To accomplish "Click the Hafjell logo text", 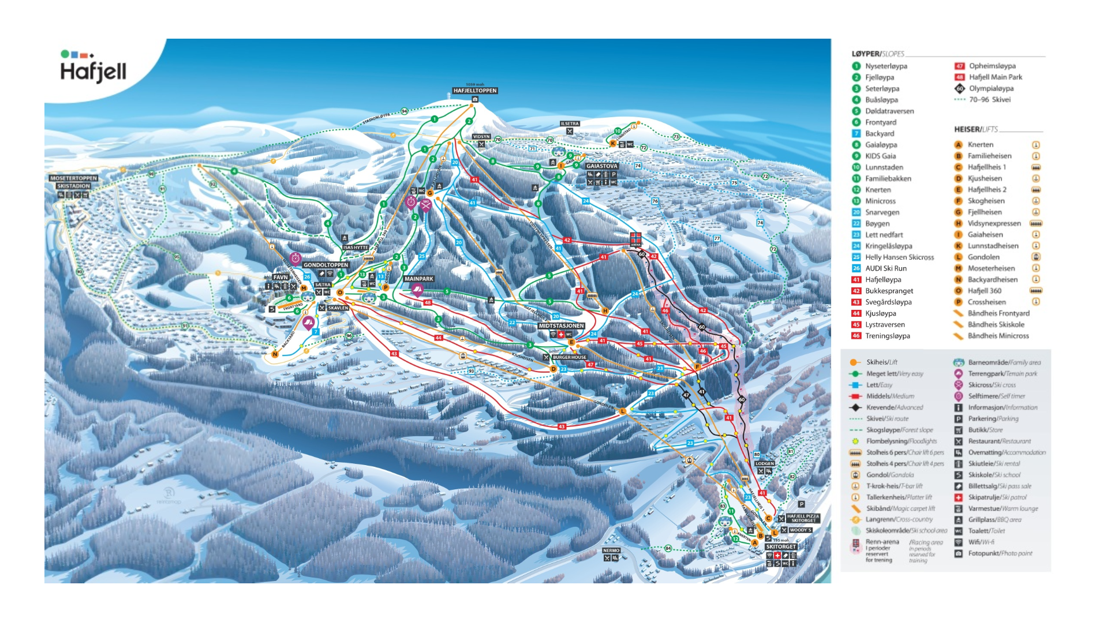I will click(93, 72).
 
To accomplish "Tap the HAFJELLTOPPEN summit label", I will click(474, 91).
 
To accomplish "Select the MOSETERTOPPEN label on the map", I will click(73, 178).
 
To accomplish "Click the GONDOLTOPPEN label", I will click(326, 265).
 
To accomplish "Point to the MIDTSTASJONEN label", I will click(561, 326).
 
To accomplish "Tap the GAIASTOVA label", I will click(601, 166).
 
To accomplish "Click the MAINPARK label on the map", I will click(418, 279).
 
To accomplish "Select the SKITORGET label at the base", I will click(780, 546).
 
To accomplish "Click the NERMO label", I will click(611, 550).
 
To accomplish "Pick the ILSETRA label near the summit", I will click(569, 123).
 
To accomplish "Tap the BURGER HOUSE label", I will click(569, 357).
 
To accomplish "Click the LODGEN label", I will click(764, 463).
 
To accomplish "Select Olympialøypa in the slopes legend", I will click(990, 88).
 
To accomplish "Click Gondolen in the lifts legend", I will click(983, 257).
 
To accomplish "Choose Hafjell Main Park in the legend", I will click(994, 77).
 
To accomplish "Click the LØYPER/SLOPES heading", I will click(877, 54).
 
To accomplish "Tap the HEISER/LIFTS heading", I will click(975, 129).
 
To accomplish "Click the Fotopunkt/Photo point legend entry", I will click(1000, 553).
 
